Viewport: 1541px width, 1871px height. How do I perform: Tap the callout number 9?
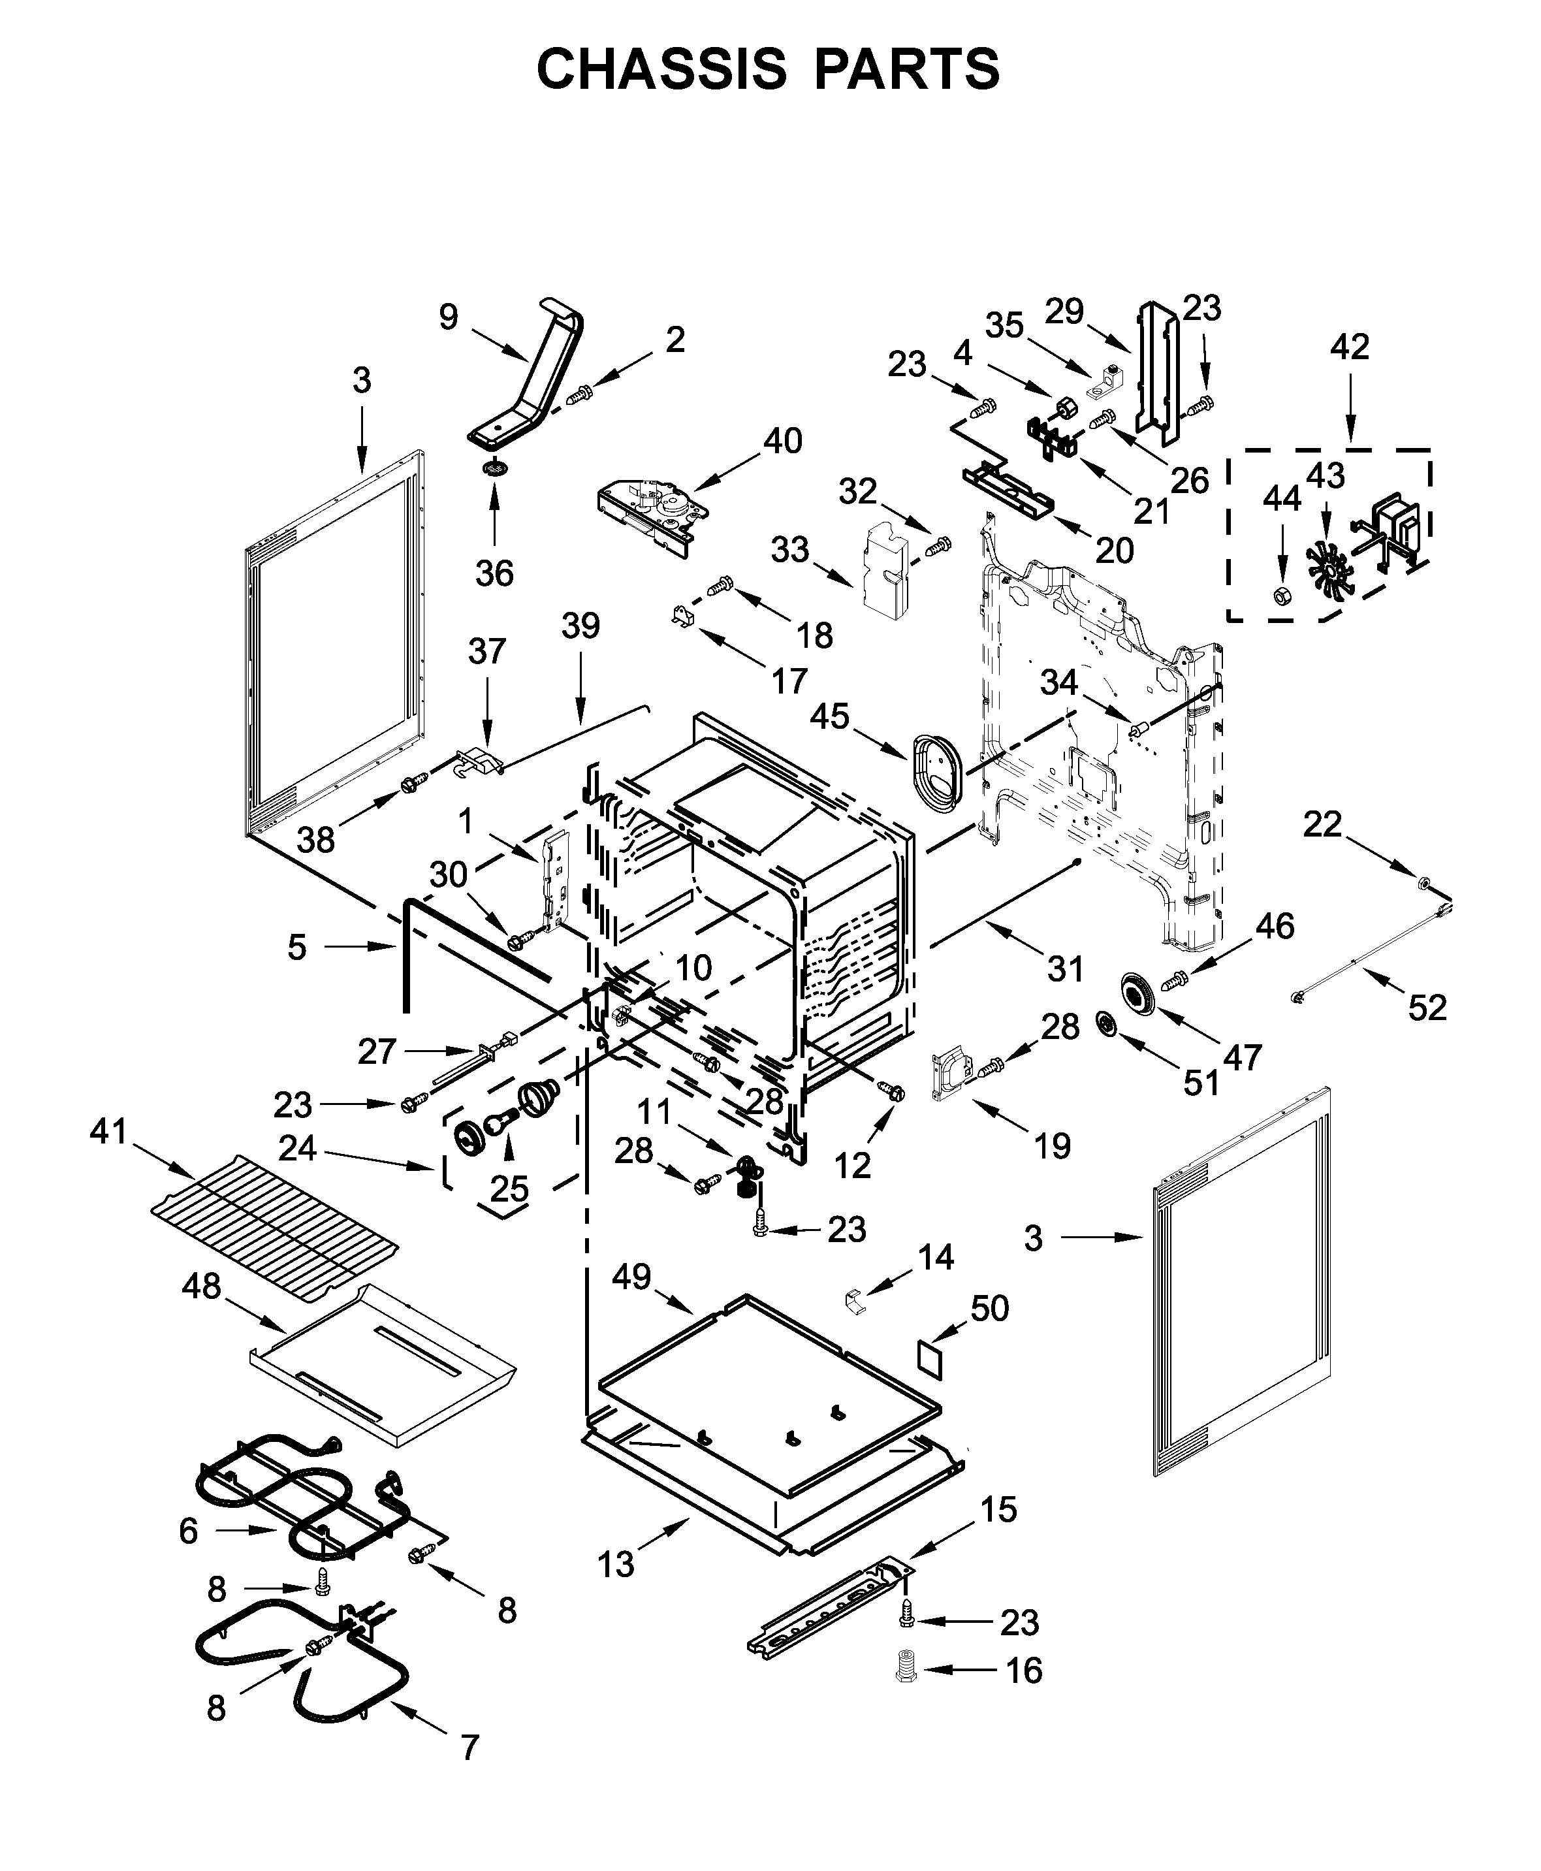[449, 317]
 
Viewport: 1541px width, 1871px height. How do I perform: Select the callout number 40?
[782, 440]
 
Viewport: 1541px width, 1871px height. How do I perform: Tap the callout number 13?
[616, 1564]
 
